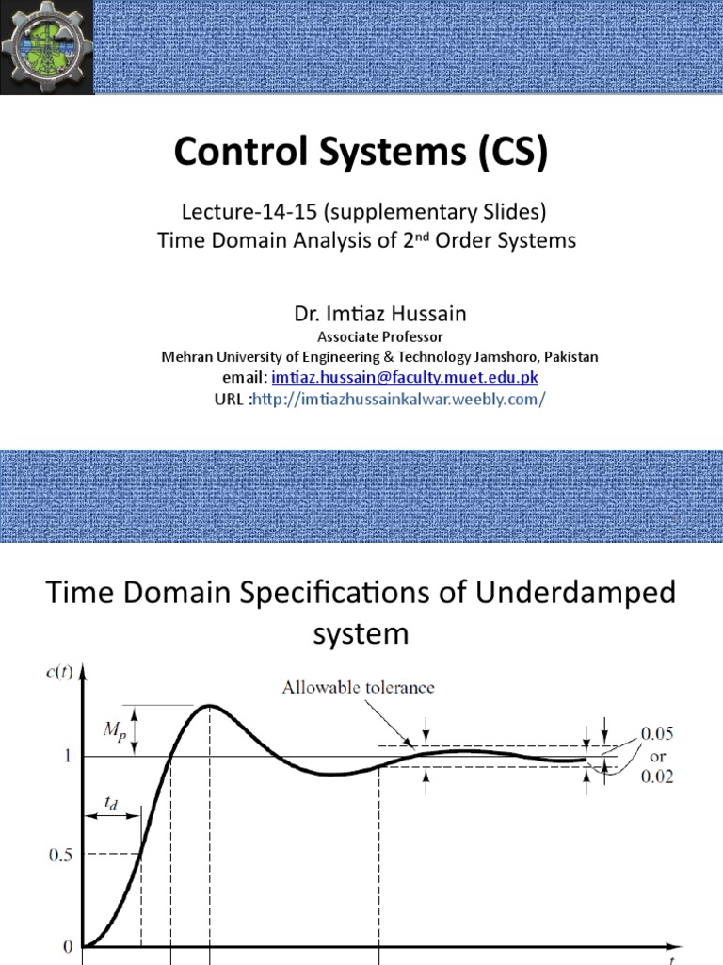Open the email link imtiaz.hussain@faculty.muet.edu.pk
pyautogui.click(x=405, y=378)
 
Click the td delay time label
pyautogui.click(x=111, y=802)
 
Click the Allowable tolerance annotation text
pyautogui.click(x=359, y=687)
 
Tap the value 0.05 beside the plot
pyautogui.click(x=657, y=732)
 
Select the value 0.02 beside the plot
pyautogui.click(x=657, y=778)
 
